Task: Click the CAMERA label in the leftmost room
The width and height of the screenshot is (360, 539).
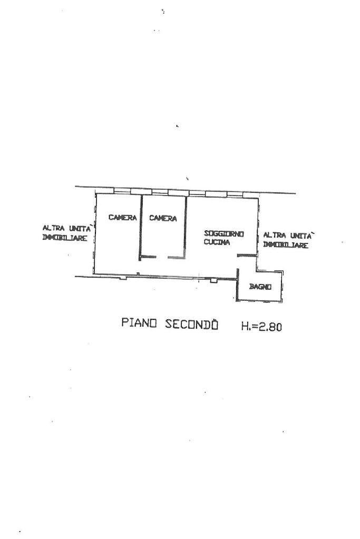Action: pyautogui.click(x=122, y=217)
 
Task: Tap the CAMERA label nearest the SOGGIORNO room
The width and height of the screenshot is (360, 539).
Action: pyautogui.click(x=163, y=218)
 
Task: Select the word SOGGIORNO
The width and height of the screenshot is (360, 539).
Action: pyautogui.click(x=224, y=234)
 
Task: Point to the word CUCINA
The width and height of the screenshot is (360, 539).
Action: pyautogui.click(x=217, y=242)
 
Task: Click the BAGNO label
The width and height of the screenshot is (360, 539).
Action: pyautogui.click(x=260, y=286)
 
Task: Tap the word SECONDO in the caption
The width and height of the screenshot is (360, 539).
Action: pyautogui.click(x=191, y=324)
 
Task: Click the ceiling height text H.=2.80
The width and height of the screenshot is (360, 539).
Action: pyautogui.click(x=261, y=326)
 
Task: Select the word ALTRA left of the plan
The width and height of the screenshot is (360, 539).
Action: pyautogui.click(x=53, y=228)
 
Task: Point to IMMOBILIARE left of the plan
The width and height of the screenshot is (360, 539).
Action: pyautogui.click(x=65, y=238)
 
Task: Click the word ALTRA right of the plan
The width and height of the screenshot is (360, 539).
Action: pyautogui.click(x=275, y=236)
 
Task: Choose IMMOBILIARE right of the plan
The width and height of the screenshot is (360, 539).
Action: pyautogui.click(x=285, y=245)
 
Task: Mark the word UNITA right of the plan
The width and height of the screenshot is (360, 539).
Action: pyautogui.click(x=301, y=236)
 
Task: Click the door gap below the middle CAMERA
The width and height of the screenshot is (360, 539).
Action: pyautogui.click(x=162, y=257)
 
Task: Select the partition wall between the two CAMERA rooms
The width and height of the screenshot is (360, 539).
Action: pyautogui.click(x=141, y=227)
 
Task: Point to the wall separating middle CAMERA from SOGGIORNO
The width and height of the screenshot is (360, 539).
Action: pyautogui.click(x=186, y=227)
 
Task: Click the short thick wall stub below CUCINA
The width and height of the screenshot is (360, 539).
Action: pyautogui.click(x=247, y=254)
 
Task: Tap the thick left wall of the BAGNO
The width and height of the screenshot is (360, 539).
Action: pyautogui.click(x=237, y=285)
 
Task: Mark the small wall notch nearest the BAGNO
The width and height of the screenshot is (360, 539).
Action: pyautogui.click(x=214, y=280)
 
